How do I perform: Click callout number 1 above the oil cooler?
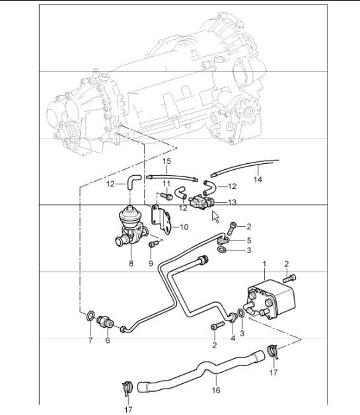tap(265, 264)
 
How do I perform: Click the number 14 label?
tap(258, 178)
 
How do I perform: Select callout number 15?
tap(167, 161)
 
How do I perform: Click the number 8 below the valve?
tap(131, 264)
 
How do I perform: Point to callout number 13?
tap(232, 202)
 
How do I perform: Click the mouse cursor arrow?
tap(215, 215)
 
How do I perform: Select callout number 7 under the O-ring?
tap(90, 340)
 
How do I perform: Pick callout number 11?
tap(168, 184)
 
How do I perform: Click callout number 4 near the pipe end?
tap(233, 338)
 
